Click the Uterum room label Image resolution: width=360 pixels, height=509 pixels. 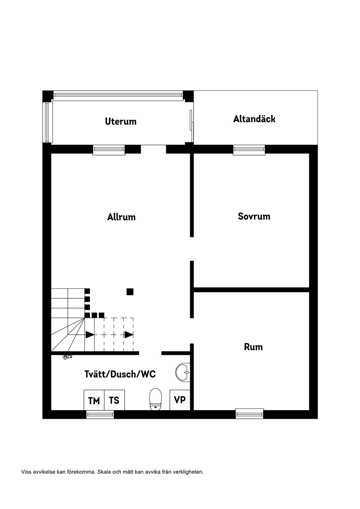click(x=121, y=121)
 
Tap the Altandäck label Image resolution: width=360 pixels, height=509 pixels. click(x=254, y=119)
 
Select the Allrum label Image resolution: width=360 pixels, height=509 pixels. click(x=121, y=217)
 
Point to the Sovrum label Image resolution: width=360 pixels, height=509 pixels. click(x=254, y=216)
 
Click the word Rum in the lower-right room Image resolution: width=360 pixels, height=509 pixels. click(x=253, y=347)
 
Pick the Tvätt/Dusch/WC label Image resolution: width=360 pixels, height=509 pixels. click(x=120, y=374)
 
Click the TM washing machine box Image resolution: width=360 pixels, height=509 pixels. click(x=94, y=400)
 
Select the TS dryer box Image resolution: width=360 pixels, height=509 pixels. click(x=114, y=400)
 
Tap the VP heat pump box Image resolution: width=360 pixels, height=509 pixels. click(x=180, y=400)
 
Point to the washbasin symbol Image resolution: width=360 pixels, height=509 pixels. click(x=183, y=372)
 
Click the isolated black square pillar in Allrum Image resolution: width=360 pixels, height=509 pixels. click(x=130, y=292)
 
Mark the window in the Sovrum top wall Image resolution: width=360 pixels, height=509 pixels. click(x=249, y=150)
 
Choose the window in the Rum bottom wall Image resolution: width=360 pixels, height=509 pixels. click(x=249, y=413)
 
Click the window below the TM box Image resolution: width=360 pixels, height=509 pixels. click(x=100, y=414)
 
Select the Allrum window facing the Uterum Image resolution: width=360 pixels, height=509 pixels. click(x=109, y=150)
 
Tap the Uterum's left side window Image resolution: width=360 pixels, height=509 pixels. click(x=47, y=122)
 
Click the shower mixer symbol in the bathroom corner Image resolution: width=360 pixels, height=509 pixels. click(x=67, y=357)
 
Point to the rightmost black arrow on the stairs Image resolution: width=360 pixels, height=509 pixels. click(x=129, y=335)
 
